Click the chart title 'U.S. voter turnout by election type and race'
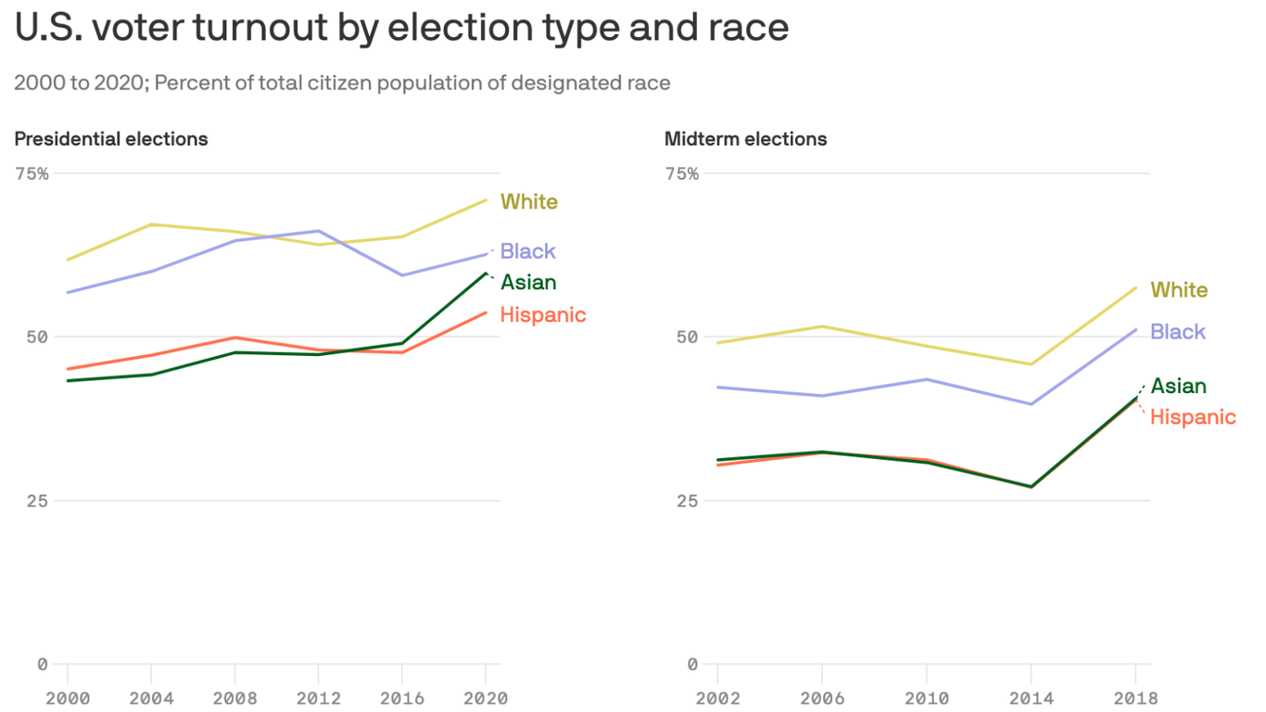pyautogui.click(x=401, y=28)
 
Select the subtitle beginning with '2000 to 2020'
pyautogui.click(x=342, y=83)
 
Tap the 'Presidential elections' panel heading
pyautogui.click(x=111, y=139)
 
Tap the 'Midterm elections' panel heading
pyautogui.click(x=745, y=139)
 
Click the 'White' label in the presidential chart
pyautogui.click(x=529, y=202)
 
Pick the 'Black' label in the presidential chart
pyautogui.click(x=527, y=251)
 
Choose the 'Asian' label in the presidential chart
pyautogui.click(x=528, y=283)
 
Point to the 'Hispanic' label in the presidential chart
pyautogui.click(x=543, y=315)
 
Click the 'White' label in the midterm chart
pyautogui.click(x=1179, y=290)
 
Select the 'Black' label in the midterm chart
pyautogui.click(x=1178, y=332)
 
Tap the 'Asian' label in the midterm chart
pyautogui.click(x=1178, y=387)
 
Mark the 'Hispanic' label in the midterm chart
pyautogui.click(x=1193, y=417)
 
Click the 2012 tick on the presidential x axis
pyautogui.click(x=318, y=698)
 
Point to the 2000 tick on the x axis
pyautogui.click(x=68, y=698)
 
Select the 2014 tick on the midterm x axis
pyautogui.click(x=1031, y=698)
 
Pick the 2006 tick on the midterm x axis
pyautogui.click(x=822, y=698)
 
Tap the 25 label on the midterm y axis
pyautogui.click(x=687, y=501)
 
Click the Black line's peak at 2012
pyautogui.click(x=319, y=231)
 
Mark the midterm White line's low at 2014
pyautogui.click(x=1031, y=364)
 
